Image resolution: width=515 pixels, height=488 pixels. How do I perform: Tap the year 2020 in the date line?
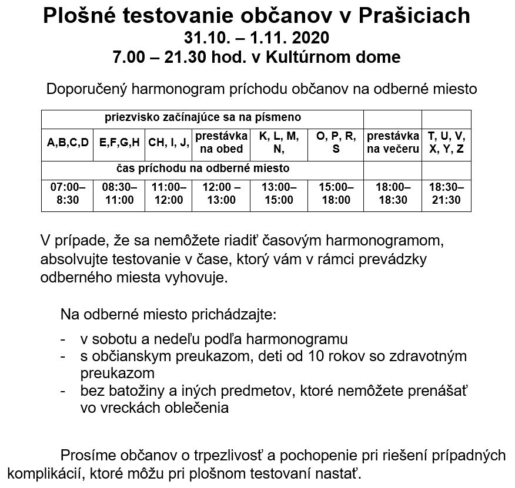point(305,38)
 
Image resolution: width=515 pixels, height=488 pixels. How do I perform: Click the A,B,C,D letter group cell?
point(67,142)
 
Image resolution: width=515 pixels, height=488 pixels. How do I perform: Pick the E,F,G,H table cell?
point(119,142)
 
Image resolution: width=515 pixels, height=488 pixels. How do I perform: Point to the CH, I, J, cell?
point(168,142)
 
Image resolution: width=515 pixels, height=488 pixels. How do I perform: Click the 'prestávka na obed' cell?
point(221,142)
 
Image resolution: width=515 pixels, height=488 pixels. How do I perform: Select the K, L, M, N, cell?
point(279,142)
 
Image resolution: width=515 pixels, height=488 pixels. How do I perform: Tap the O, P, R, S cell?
point(336,142)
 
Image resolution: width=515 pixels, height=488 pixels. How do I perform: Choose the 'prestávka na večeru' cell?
point(393,142)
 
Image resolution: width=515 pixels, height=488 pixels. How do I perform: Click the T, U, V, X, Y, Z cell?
point(446,142)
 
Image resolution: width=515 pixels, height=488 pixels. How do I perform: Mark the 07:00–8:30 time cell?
point(67,193)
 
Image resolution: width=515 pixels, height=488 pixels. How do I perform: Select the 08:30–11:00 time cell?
point(119,193)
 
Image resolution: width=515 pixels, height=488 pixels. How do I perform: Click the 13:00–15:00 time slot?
point(279,193)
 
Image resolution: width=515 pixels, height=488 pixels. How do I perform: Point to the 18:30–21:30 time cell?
point(446,193)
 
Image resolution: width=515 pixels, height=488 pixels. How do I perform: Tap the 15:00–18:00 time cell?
point(336,193)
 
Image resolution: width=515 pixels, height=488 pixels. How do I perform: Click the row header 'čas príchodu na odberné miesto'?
point(203,169)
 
